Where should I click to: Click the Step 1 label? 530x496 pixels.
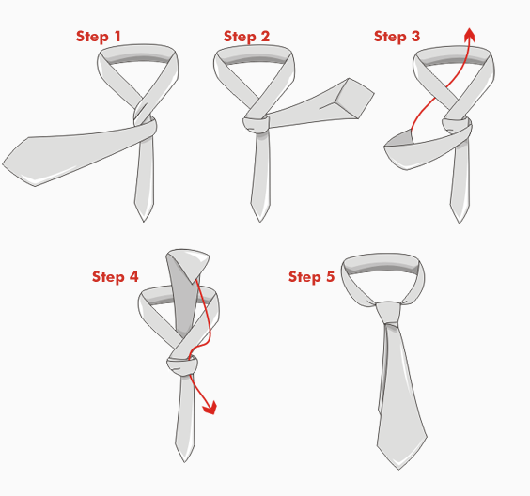pos(98,37)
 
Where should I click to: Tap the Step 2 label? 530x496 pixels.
pos(246,37)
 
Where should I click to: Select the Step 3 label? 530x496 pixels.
pos(397,37)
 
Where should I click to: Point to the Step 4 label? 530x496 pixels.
pos(116,277)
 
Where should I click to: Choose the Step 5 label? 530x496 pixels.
pos(311,277)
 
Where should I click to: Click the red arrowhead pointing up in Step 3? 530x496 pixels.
pos(470,35)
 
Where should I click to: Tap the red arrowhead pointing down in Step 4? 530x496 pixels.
pos(210,408)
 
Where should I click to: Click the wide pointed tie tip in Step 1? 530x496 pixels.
pos(3,164)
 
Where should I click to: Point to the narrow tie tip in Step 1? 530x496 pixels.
pos(144,222)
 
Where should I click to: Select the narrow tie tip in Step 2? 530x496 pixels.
pos(260,222)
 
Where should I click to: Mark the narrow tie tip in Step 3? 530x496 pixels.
pos(460,223)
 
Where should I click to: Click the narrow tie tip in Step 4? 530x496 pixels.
pos(184,462)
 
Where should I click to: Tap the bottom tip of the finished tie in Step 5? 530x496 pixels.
pos(398,470)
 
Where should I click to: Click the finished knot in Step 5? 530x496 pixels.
pos(388,313)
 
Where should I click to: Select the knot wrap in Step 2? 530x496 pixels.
pos(256,125)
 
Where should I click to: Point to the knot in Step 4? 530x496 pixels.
pos(181,366)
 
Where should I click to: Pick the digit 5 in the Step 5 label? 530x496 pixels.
pos(330,276)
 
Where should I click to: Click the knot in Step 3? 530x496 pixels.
pos(457,127)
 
